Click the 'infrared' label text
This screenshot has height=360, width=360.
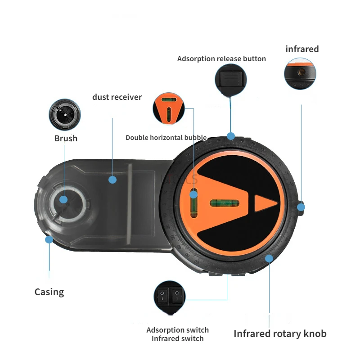coord(302,49)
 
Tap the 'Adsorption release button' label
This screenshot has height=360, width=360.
coord(221,59)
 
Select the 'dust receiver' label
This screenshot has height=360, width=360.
coord(117,97)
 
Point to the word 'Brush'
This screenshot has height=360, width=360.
coord(66,138)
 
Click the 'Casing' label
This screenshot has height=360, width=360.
coord(49,292)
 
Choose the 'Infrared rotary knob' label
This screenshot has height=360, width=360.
coord(279,333)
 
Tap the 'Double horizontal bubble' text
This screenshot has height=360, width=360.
coord(166,138)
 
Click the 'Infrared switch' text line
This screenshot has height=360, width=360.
coord(177,338)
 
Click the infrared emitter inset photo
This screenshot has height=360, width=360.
coord(300,73)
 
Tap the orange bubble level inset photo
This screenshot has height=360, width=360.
coord(169,108)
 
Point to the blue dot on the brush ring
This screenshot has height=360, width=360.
coord(63,199)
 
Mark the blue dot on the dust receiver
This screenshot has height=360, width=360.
coord(112,180)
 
